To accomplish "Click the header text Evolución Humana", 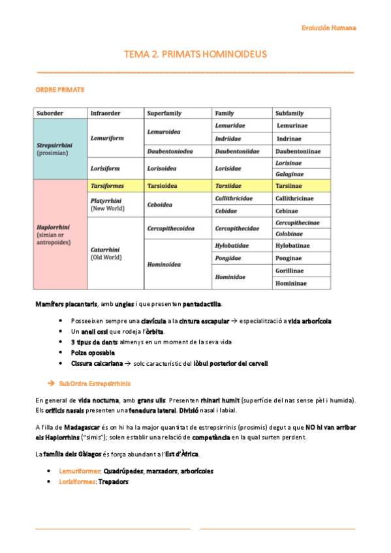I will (329, 28).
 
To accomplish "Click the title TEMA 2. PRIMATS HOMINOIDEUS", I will (195, 54).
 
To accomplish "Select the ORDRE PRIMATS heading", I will (59, 89).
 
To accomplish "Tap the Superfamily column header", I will (165, 113).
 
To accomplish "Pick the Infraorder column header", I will (107, 113).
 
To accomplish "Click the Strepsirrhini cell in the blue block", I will (53, 145).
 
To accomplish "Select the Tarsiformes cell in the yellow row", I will (107, 186).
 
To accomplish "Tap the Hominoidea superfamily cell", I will (164, 265).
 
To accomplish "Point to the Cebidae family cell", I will (225, 211).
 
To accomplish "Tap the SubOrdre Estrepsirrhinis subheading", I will (94, 383).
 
